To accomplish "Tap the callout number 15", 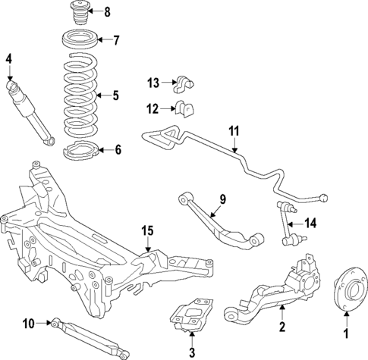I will [x=146, y=230].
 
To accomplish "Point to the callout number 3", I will [x=192, y=353].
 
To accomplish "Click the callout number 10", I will [x=29, y=324].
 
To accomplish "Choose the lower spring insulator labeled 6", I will [x=79, y=150].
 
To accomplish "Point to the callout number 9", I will [x=223, y=199].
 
